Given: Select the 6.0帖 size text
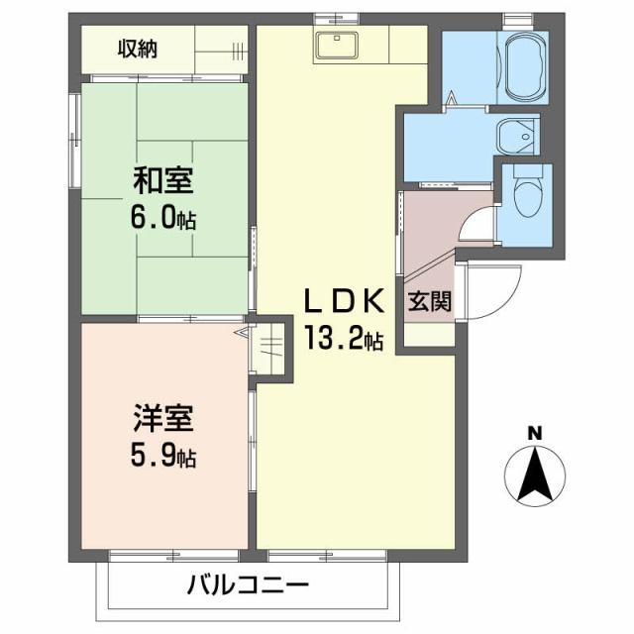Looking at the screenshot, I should [164, 217].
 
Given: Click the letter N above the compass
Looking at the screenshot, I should [534, 432].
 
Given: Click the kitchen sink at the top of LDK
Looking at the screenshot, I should [338, 44].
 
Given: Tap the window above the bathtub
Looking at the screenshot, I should [517, 19].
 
